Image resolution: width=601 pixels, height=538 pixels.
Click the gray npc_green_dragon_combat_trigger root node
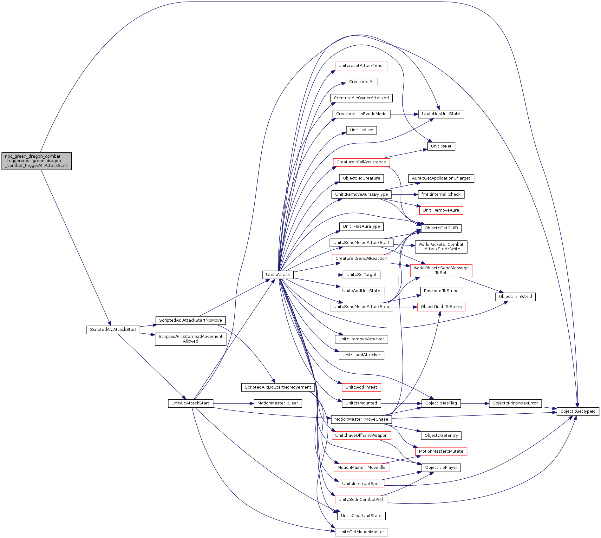click(36, 161)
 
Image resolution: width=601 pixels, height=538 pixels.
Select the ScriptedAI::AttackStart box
click(113, 330)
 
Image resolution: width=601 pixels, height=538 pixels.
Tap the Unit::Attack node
click(278, 275)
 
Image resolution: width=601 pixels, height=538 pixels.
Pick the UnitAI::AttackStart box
click(190, 403)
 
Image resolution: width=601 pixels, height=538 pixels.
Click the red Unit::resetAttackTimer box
click(361, 66)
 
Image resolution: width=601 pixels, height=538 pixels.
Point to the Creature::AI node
click(361, 82)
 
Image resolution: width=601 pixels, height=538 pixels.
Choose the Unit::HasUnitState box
click(441, 114)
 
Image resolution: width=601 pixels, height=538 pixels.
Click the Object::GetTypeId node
click(578, 411)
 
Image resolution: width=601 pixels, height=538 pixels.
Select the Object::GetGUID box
click(441, 228)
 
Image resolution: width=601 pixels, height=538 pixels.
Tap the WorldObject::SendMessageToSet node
click(441, 270)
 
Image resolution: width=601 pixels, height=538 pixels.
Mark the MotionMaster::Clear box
click(278, 403)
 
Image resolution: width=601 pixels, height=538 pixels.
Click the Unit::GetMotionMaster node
click(361, 532)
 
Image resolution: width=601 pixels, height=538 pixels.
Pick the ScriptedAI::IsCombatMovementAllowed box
click(190, 339)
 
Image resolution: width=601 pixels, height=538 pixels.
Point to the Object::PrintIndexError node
click(515, 403)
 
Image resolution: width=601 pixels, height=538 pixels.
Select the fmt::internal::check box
click(441, 194)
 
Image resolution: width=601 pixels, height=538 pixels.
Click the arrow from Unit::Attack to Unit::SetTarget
click(317, 275)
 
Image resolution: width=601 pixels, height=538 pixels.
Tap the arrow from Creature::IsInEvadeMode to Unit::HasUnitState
click(404, 114)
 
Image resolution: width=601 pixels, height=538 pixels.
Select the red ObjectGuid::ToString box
click(441, 307)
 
